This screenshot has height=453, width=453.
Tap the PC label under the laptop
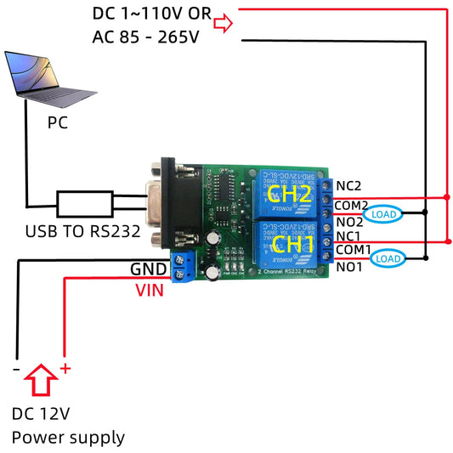point(58,123)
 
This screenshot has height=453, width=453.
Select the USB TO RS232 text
point(83,230)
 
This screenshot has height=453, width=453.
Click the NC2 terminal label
point(349,185)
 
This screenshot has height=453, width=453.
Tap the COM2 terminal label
point(352,205)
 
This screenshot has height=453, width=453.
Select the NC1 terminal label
point(349,235)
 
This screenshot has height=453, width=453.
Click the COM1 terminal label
point(352,250)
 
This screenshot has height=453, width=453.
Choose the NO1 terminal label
point(349,266)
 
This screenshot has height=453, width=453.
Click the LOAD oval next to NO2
point(388,215)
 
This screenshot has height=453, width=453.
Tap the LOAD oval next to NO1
point(388,258)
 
